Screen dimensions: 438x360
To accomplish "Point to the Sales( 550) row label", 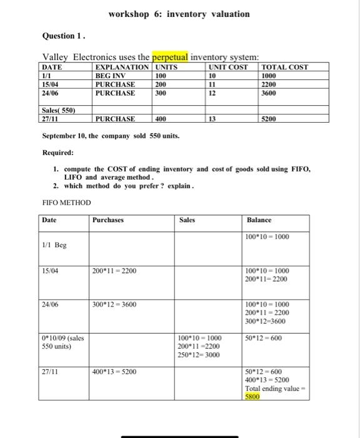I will pyautogui.click(x=57, y=109).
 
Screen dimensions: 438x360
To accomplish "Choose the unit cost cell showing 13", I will pyautogui.click(x=212, y=118).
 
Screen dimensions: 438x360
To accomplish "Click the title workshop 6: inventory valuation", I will pyautogui.click(x=178, y=14).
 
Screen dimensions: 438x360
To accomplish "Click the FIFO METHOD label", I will pyautogui.click(x=66, y=203).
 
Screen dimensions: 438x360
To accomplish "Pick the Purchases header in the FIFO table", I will pyautogui.click(x=107, y=220).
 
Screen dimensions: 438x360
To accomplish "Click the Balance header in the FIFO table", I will pyautogui.click(x=260, y=220).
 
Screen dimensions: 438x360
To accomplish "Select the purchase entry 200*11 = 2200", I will pyautogui.click(x=114, y=270).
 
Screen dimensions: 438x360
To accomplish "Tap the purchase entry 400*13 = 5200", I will pyautogui.click(x=114, y=371).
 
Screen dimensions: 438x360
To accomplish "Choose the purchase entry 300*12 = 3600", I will pyautogui.click(x=114, y=304).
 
